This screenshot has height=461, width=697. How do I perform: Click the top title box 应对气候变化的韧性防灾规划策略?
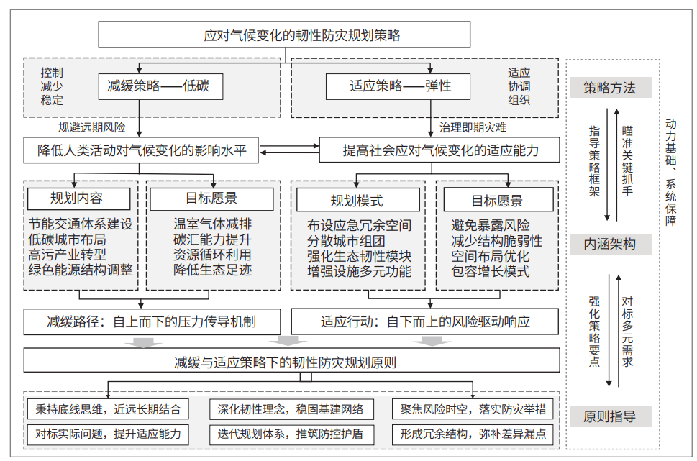click(x=284, y=35)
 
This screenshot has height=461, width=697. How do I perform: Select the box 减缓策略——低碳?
click(x=161, y=86)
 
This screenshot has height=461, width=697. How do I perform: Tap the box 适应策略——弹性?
click(x=398, y=86)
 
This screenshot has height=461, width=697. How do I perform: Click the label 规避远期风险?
click(x=91, y=127)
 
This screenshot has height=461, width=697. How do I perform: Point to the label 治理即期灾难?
click(x=473, y=127)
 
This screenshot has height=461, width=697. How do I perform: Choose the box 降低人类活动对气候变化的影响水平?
click(x=141, y=150)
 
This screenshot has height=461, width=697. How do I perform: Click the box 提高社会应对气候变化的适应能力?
click(x=439, y=150)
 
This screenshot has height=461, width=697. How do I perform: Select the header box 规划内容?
click(x=78, y=198)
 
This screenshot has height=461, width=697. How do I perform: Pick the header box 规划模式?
click(x=357, y=200)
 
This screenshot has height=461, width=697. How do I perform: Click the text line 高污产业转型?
click(x=67, y=255)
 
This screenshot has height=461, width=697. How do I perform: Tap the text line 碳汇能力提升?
click(x=212, y=239)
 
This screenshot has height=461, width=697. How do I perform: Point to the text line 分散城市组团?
click(x=346, y=241)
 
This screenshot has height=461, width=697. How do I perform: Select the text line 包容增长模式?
click(x=491, y=271)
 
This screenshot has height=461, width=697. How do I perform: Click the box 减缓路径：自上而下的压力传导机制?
click(x=152, y=322)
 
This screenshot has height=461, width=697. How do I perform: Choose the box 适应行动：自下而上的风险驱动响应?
click(x=424, y=322)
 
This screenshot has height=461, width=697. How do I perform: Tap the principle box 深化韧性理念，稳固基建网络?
click(x=291, y=409)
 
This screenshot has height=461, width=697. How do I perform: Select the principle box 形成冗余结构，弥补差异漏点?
click(x=473, y=434)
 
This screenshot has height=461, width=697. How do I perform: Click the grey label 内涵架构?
click(x=611, y=244)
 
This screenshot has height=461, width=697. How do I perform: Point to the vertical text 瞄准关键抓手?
click(x=627, y=161)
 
